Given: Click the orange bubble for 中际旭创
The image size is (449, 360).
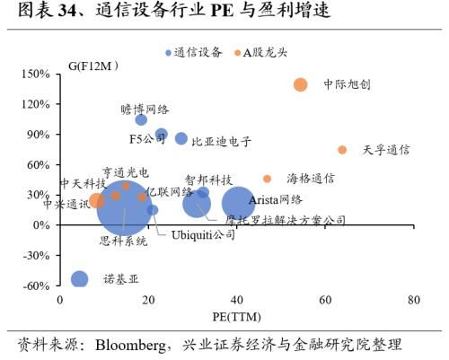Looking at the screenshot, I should [x=300, y=84].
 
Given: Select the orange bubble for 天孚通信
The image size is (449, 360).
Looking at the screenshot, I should [x=342, y=150].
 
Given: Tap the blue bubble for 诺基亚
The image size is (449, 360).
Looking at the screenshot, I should [x=80, y=279].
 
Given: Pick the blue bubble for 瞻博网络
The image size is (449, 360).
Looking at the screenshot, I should [x=141, y=119].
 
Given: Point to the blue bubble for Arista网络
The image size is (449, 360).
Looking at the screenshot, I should [x=238, y=204].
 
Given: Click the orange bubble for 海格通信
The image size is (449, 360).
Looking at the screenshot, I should [x=267, y=179].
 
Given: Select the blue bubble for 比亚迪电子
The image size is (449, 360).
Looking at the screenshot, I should [x=181, y=138].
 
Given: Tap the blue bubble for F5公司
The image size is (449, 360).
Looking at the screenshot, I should [x=162, y=134].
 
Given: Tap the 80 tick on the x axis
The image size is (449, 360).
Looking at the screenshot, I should [x=413, y=300].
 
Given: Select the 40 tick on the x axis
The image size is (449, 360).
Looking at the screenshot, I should [x=237, y=300].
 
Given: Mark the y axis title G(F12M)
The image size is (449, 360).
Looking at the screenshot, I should [x=93, y=67].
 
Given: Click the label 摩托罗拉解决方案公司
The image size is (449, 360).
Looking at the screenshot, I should [x=286, y=220].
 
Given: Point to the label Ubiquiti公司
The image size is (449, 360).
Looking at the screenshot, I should [x=204, y=234].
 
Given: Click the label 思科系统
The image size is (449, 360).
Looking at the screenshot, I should [x=123, y=241].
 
